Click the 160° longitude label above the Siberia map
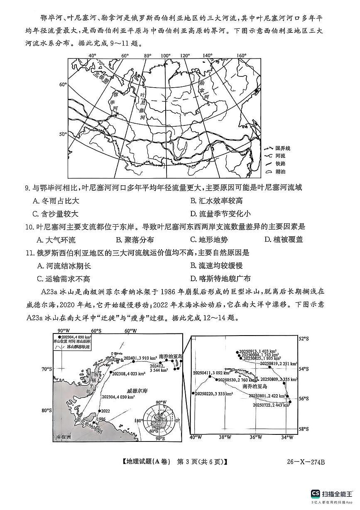click(x=242, y=56)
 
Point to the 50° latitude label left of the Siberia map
click(x=62, y=134)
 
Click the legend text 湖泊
click(x=281, y=171)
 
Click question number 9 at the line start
click(x=27, y=188)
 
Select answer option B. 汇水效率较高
click(x=216, y=201)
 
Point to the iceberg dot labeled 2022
click(x=99, y=411)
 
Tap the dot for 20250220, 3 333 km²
click(x=193, y=393)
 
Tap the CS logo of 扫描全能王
click(x=315, y=493)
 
